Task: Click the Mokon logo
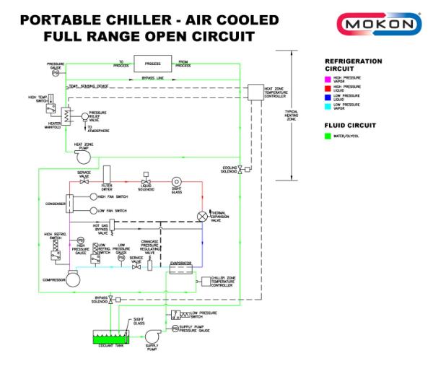(x=380, y=24)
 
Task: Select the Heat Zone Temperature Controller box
(x=255, y=92)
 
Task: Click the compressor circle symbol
(x=73, y=280)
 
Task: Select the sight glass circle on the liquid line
(x=175, y=181)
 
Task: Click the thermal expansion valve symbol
(x=201, y=215)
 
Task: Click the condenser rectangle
(x=71, y=203)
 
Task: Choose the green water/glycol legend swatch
(x=328, y=135)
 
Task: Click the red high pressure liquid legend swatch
(x=328, y=87)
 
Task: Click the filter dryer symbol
(x=107, y=175)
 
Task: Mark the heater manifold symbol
(x=64, y=116)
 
